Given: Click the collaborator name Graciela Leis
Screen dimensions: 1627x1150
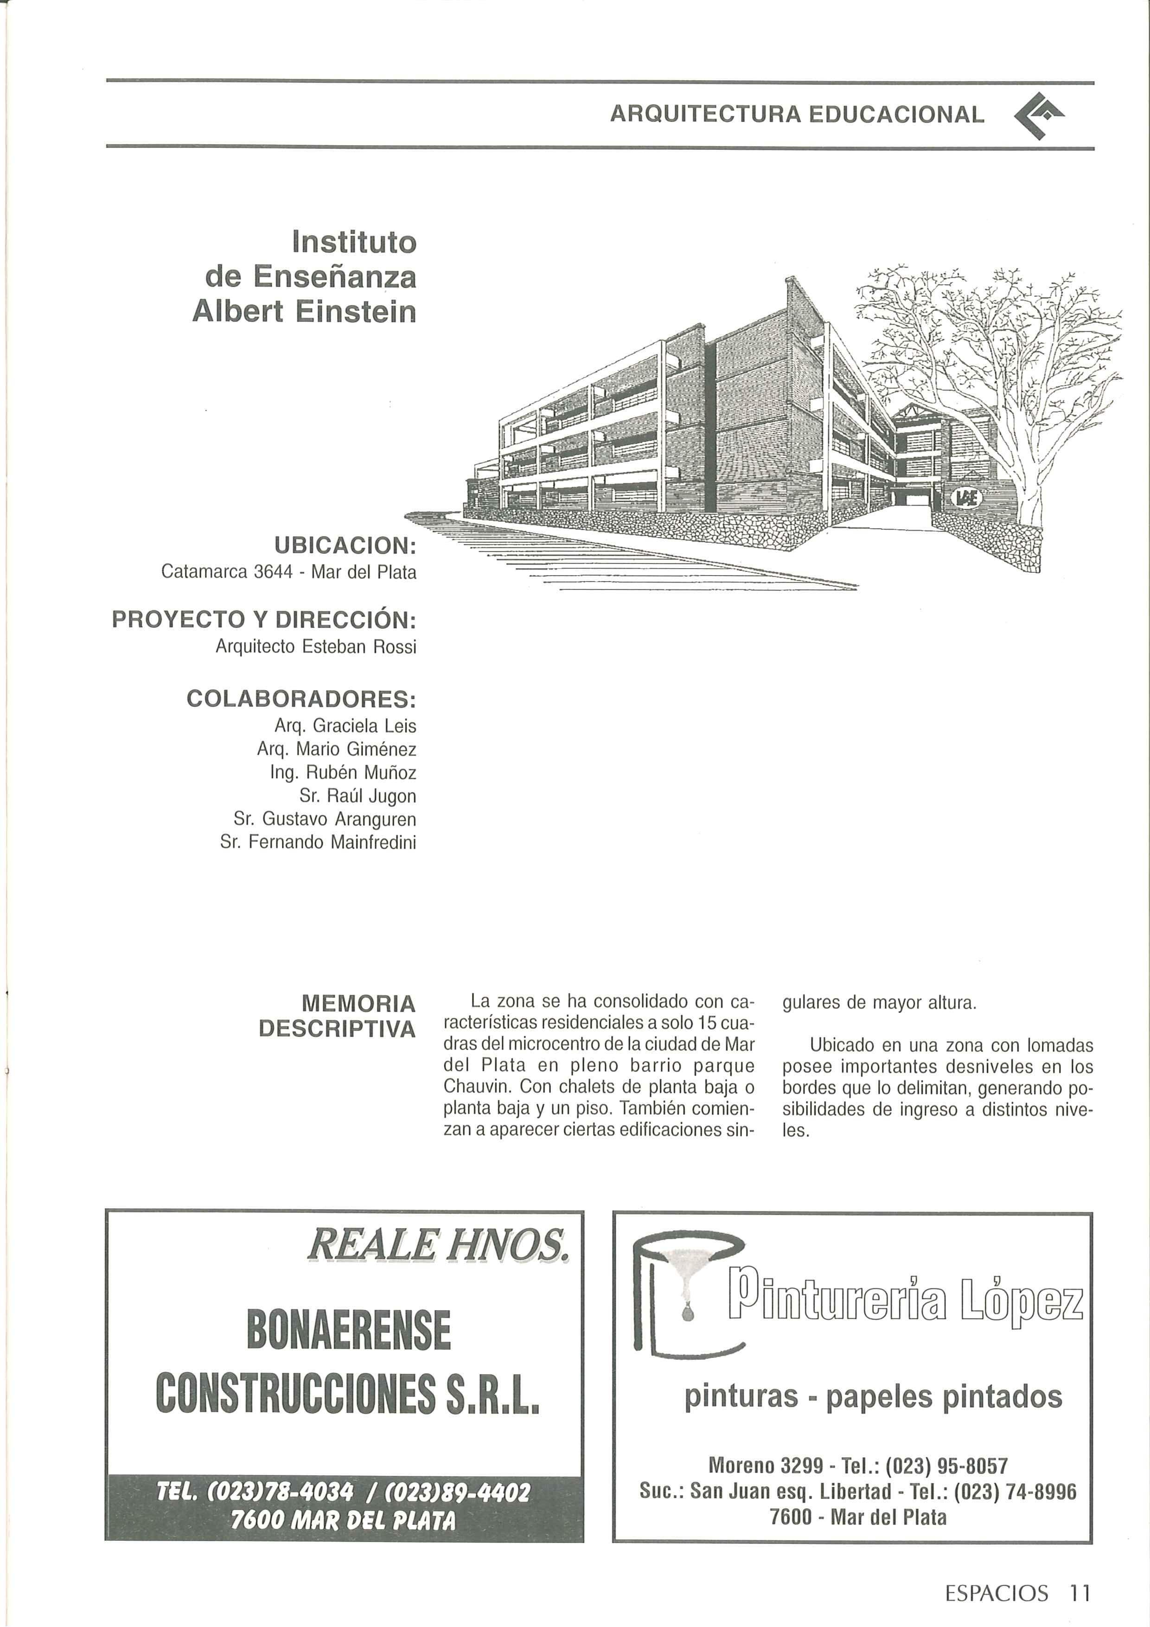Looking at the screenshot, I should [365, 726].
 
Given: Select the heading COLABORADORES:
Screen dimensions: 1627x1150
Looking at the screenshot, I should [300, 699].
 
